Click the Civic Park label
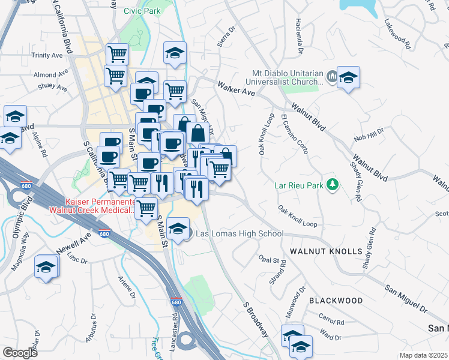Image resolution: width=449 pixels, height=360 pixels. pyautogui.click(x=142, y=11)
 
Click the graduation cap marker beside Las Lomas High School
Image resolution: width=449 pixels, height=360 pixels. pyautogui.click(x=178, y=229)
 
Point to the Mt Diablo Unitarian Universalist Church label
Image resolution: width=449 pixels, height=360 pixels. pyautogui.click(x=288, y=79)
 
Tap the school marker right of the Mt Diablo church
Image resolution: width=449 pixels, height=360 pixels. pyautogui.click(x=348, y=77)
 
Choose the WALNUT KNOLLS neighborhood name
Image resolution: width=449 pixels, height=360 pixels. pyautogui.click(x=326, y=250)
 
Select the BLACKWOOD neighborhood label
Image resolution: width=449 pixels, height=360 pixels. pyautogui.click(x=336, y=299)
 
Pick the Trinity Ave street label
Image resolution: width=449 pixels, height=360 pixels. pyautogui.click(x=47, y=55)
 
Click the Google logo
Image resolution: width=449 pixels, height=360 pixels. pyautogui.click(x=20, y=353)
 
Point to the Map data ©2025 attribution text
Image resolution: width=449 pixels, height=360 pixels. pyautogui.click(x=423, y=355)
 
